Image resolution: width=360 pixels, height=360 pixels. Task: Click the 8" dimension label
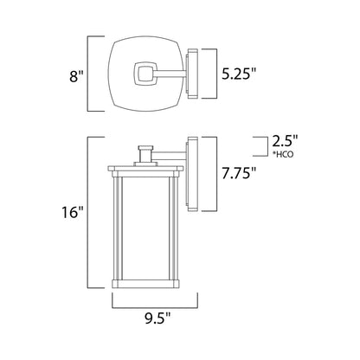click(x=76, y=76)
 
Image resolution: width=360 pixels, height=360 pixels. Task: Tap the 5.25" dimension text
click(x=239, y=74)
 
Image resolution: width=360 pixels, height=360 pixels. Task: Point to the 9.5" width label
click(x=157, y=319)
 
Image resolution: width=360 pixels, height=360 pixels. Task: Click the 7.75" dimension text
click(x=239, y=174)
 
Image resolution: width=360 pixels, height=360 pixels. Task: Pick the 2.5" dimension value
click(x=285, y=142)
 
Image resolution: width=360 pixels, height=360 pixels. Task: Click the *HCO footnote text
click(x=283, y=155)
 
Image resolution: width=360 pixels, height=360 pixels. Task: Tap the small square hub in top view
click(x=145, y=74)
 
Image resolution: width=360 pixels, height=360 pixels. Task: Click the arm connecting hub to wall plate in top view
click(x=170, y=74)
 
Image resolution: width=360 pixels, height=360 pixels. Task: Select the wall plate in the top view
click(x=192, y=74)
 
